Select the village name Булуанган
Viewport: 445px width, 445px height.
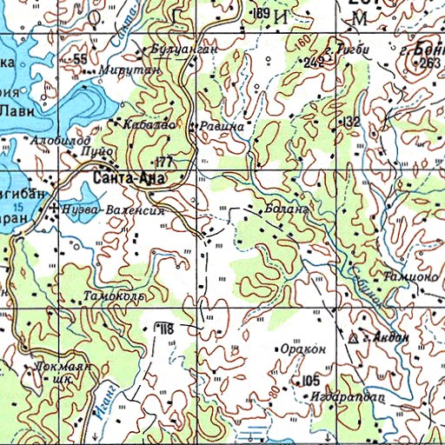coord(183,51)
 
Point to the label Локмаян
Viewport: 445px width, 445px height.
coord(63,367)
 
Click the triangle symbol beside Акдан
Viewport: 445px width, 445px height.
coord(354,337)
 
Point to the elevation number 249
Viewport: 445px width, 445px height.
coord(314,62)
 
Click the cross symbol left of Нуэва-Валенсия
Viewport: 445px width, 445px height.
coord(55,209)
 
